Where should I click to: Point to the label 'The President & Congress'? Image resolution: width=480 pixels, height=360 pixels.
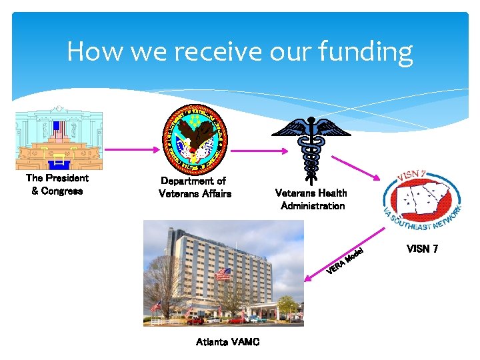coord(57,185)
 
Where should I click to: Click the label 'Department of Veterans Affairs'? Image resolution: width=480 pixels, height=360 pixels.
coord(195,187)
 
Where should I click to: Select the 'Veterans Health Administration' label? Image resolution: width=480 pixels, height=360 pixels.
coord(311,199)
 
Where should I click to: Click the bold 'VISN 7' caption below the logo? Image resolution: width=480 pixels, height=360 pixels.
coord(422,249)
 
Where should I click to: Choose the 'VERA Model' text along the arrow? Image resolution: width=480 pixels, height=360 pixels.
coord(345,261)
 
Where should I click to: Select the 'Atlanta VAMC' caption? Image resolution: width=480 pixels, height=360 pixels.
coord(227,342)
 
